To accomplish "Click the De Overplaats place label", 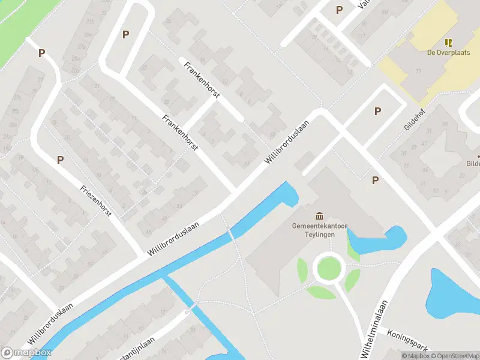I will [x=448, y=52].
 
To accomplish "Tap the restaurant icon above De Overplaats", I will [x=448, y=42].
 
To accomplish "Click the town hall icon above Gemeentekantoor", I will [x=319, y=215].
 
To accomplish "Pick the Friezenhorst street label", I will [x=96, y=201].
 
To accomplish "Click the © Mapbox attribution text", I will [x=416, y=356].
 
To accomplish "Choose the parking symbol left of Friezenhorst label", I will [x=60, y=160].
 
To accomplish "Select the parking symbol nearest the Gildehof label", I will [x=377, y=111].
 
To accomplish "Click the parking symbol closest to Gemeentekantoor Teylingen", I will [x=375, y=180].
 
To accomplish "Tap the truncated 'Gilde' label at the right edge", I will [x=473, y=163].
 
